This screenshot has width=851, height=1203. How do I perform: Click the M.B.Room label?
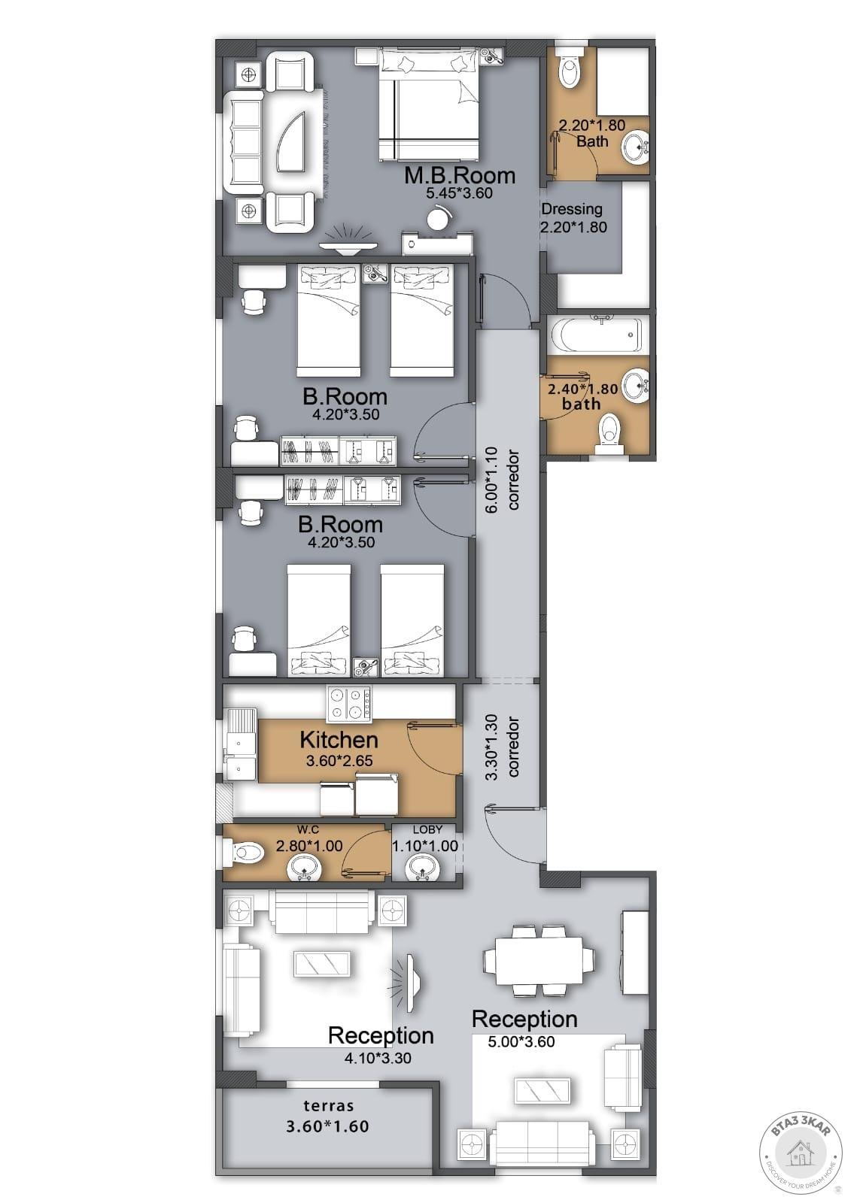[x=460, y=176]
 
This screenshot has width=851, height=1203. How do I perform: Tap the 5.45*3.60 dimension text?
[x=460, y=193]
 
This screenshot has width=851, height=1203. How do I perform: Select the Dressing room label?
[x=571, y=210]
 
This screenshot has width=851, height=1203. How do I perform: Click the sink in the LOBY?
[x=423, y=868]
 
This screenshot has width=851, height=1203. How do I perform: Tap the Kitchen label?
[x=339, y=740]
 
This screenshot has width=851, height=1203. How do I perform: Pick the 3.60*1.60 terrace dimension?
[x=327, y=1126]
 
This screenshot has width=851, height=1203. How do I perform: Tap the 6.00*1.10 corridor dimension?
[x=493, y=480]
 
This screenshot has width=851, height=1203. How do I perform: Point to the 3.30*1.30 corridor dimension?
[x=493, y=747]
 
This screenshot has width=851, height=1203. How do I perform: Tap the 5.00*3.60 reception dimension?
[x=521, y=1042]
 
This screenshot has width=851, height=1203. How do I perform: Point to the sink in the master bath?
[x=637, y=146]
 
